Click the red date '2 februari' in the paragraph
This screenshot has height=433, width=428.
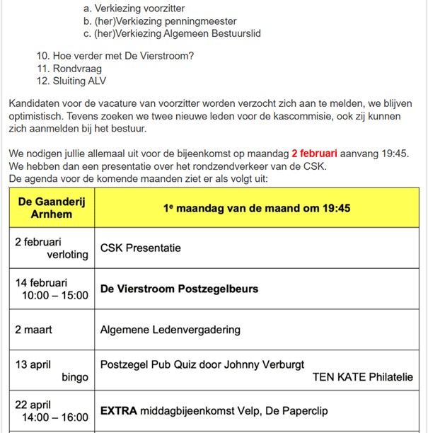pos(314,154)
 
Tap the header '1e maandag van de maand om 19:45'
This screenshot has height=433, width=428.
pos(258,208)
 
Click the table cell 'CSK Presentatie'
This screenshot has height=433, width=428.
pos(141,248)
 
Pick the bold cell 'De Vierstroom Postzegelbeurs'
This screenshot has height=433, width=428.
pos(179,289)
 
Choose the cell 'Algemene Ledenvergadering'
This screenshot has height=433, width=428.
pos(170,330)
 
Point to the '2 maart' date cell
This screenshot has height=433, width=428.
pos(33,330)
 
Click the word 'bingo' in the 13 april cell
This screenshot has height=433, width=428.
pos(75,377)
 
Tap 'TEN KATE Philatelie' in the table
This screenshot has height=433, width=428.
pos(362,377)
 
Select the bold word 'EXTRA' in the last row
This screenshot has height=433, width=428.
pos(118,410)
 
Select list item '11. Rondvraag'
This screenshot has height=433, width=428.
pos(69,69)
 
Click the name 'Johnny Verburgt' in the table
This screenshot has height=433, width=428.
pos(265,365)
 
